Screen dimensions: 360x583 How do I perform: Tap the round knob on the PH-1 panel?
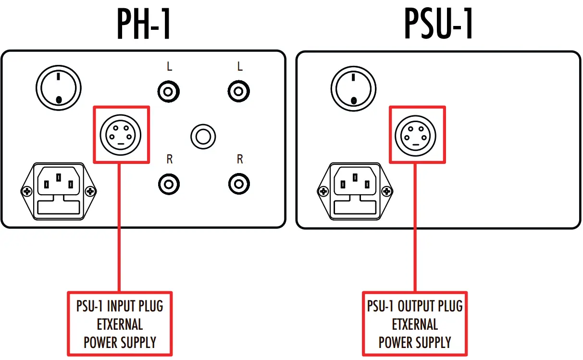58,88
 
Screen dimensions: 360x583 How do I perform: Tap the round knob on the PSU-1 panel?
354,88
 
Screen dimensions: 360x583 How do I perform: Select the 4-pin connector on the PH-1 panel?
120,135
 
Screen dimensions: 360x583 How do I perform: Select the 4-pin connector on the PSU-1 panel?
416,135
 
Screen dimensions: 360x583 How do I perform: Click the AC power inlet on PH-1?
58,191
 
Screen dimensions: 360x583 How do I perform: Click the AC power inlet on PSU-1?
354,191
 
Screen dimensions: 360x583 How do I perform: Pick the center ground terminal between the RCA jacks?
203,137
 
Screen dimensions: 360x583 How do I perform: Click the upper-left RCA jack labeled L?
169,91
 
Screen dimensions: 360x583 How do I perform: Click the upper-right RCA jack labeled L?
239,91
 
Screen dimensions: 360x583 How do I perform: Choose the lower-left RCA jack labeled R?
169,183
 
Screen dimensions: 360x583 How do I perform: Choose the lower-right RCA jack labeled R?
239,183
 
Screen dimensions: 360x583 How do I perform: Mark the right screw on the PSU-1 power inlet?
386,192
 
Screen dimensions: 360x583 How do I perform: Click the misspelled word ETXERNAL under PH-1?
120,324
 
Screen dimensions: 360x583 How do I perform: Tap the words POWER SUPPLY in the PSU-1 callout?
415,342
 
